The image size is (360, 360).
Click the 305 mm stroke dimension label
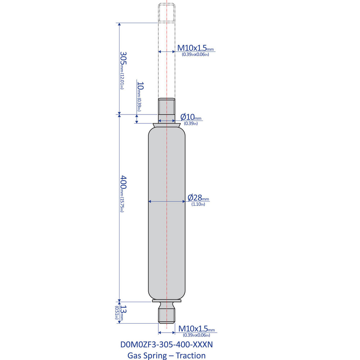pyautogui.click(x=123, y=60)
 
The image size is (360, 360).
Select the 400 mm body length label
pyautogui.click(x=123, y=184)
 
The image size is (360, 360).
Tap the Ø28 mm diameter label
pyautogui.click(x=198, y=197)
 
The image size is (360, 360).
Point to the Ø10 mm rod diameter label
pyautogui.click(x=191, y=117)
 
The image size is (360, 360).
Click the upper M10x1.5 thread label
pyautogui.click(x=195, y=48)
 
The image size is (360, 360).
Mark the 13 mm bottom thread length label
pyautogui.click(x=123, y=312)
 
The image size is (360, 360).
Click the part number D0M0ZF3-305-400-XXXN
pyautogui.click(x=167, y=345)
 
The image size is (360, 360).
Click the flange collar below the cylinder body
pyautogui.click(x=167, y=301)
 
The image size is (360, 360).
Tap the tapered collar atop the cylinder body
pyautogui.click(x=167, y=125)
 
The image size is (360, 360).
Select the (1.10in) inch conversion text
pyautogui.click(x=198, y=204)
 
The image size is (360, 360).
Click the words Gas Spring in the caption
pyautogui.click(x=147, y=356)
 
